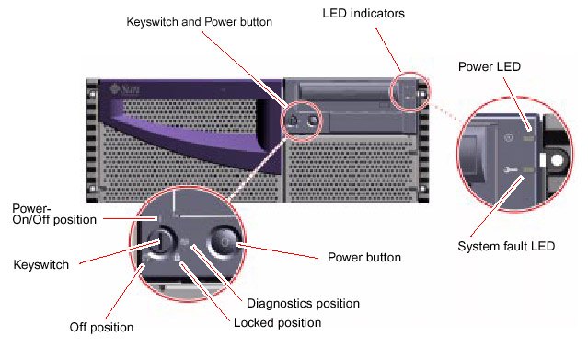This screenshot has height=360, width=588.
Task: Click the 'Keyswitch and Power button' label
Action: coord(199,22)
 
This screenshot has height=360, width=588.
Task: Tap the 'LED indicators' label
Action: coord(363,14)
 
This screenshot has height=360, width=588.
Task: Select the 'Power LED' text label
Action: coord(490,67)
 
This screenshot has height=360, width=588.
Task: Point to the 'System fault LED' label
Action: coord(506,246)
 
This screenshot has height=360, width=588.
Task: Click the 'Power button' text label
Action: coord(364,257)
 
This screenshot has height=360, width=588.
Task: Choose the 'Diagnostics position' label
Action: coord(303,303)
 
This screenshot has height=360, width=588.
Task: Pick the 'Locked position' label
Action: coord(278,323)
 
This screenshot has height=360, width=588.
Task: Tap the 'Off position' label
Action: coord(101,328)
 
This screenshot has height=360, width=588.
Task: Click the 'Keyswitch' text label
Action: coord(41,264)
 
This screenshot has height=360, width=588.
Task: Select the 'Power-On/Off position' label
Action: coord(54,214)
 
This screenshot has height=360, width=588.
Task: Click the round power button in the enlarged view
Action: coord(224,242)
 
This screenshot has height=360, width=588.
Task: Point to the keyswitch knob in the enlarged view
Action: coord(160,241)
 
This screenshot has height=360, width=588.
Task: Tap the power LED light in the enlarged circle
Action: coord(528,139)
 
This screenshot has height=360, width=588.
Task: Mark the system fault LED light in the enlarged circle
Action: coord(528,170)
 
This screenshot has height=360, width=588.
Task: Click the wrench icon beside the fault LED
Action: coord(510,170)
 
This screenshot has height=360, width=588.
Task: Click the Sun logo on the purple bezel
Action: coord(125,89)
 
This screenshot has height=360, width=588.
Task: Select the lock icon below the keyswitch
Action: coord(177,258)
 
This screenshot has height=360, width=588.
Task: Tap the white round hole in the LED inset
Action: coord(558,160)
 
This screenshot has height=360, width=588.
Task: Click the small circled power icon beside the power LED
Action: coord(509,137)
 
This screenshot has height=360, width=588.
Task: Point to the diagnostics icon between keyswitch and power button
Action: coord(184,242)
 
